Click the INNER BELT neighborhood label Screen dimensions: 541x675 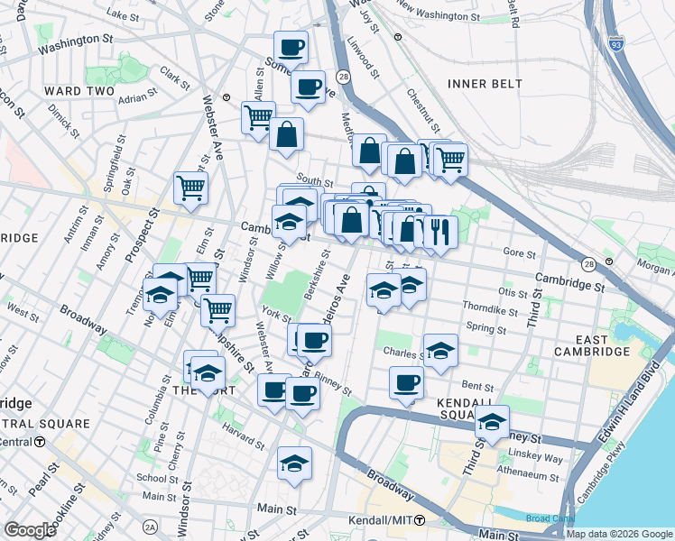tap(485, 84)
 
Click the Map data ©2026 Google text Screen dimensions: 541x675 tap(619, 534)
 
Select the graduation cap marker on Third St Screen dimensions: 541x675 tap(492, 422)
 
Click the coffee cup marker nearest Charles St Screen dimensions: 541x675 tap(407, 382)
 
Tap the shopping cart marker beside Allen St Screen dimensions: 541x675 tap(258, 117)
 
